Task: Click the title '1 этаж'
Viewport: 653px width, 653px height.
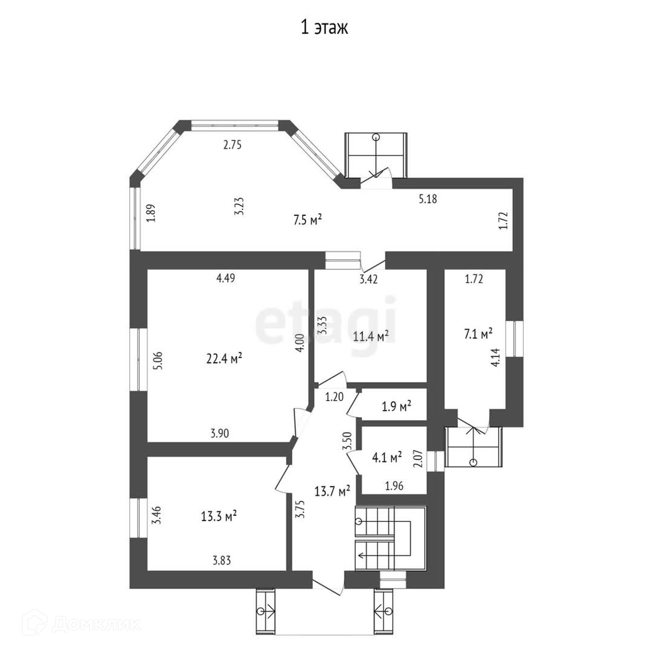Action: [324, 28]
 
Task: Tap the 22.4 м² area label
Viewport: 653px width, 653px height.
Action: [224, 358]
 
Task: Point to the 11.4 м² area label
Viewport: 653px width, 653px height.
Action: [371, 337]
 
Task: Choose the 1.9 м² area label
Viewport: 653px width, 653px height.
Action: [397, 406]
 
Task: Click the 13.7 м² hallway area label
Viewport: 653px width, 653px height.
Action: [332, 491]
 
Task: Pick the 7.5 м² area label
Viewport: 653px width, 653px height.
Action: [307, 220]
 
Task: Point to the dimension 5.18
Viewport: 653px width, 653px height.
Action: [428, 199]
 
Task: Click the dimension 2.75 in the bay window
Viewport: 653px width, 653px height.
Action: [232, 145]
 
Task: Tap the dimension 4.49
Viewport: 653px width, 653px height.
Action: [225, 278]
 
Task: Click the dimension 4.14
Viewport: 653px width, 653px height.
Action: [496, 357]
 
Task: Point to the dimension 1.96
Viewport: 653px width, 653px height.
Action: [394, 486]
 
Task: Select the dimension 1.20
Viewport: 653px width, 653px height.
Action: [334, 397]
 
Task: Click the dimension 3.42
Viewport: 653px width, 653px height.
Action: [369, 280]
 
